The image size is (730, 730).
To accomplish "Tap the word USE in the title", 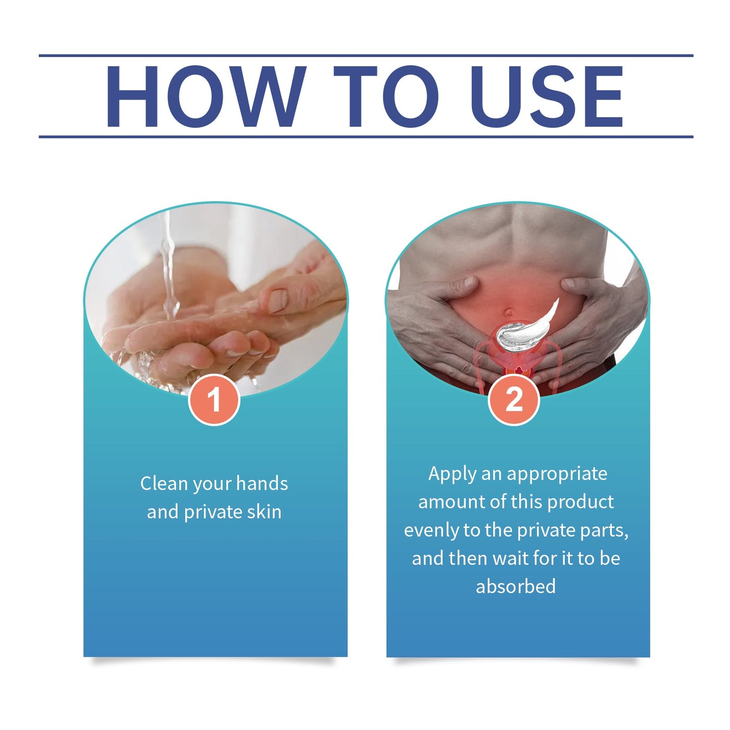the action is pos(546,96).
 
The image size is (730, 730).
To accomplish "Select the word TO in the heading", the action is pos(386,96).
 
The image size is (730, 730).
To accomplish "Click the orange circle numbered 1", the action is pos(214,400).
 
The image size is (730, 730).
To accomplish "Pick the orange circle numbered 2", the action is pos(514,400).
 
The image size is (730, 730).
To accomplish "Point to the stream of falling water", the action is pos(169,265).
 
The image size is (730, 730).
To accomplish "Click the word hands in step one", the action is pos(262,484).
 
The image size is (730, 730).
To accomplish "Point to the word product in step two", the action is pos(580,502).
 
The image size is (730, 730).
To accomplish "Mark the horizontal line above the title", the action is pos(366,56).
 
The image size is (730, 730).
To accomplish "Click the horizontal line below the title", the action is pos(366,137).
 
